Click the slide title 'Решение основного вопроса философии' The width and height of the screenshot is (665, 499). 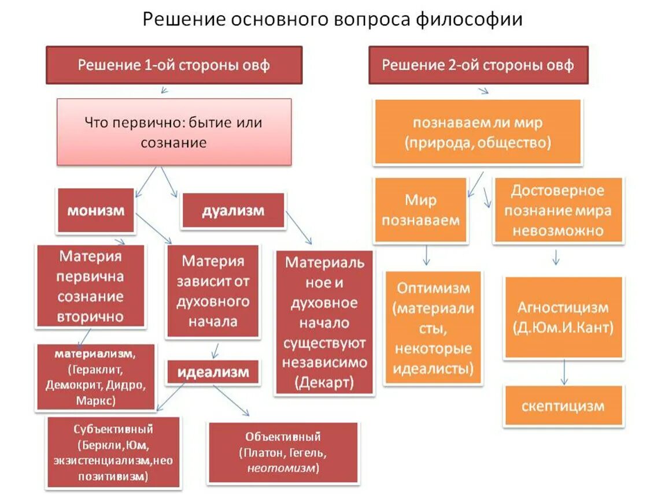332,20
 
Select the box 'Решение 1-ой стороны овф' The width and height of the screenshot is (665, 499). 174,65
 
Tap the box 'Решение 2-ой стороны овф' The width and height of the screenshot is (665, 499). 478,65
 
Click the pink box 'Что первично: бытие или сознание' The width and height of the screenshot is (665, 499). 174,132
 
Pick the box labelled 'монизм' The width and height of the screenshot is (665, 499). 96,211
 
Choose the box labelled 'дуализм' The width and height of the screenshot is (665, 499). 233,211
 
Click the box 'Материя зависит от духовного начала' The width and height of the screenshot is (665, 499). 213,291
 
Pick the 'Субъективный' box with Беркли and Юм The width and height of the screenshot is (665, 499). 113,452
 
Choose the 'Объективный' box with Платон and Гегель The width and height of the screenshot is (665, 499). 283,452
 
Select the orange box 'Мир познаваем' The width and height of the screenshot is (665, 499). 420,210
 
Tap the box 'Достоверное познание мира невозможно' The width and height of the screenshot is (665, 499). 557,210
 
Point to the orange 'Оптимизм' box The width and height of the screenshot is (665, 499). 433,327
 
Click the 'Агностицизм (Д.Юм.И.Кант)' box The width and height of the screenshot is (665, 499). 563,318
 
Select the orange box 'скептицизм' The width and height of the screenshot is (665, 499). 563,406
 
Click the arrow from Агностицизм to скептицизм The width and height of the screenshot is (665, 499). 564,372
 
